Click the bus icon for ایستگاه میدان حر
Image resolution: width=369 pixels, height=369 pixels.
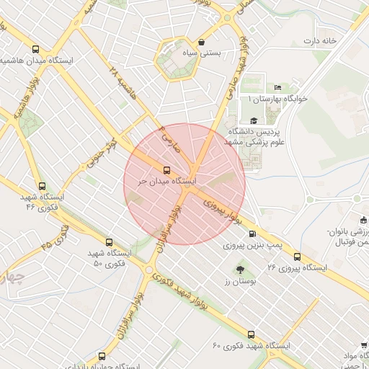point(167,171)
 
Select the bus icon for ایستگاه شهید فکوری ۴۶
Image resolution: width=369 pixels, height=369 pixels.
point(43,185)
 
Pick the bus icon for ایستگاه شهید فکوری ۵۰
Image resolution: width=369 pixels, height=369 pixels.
point(109,242)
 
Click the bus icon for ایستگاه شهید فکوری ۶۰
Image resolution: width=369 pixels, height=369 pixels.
point(251,334)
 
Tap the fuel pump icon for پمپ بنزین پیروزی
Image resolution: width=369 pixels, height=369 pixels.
point(252,234)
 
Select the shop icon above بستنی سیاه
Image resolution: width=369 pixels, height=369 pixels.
point(200,42)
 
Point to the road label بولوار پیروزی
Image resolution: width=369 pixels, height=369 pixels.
point(222,208)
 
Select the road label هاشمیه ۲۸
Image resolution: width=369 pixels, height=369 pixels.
point(123,81)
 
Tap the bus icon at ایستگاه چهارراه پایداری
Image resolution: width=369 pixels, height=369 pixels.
point(101,356)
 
